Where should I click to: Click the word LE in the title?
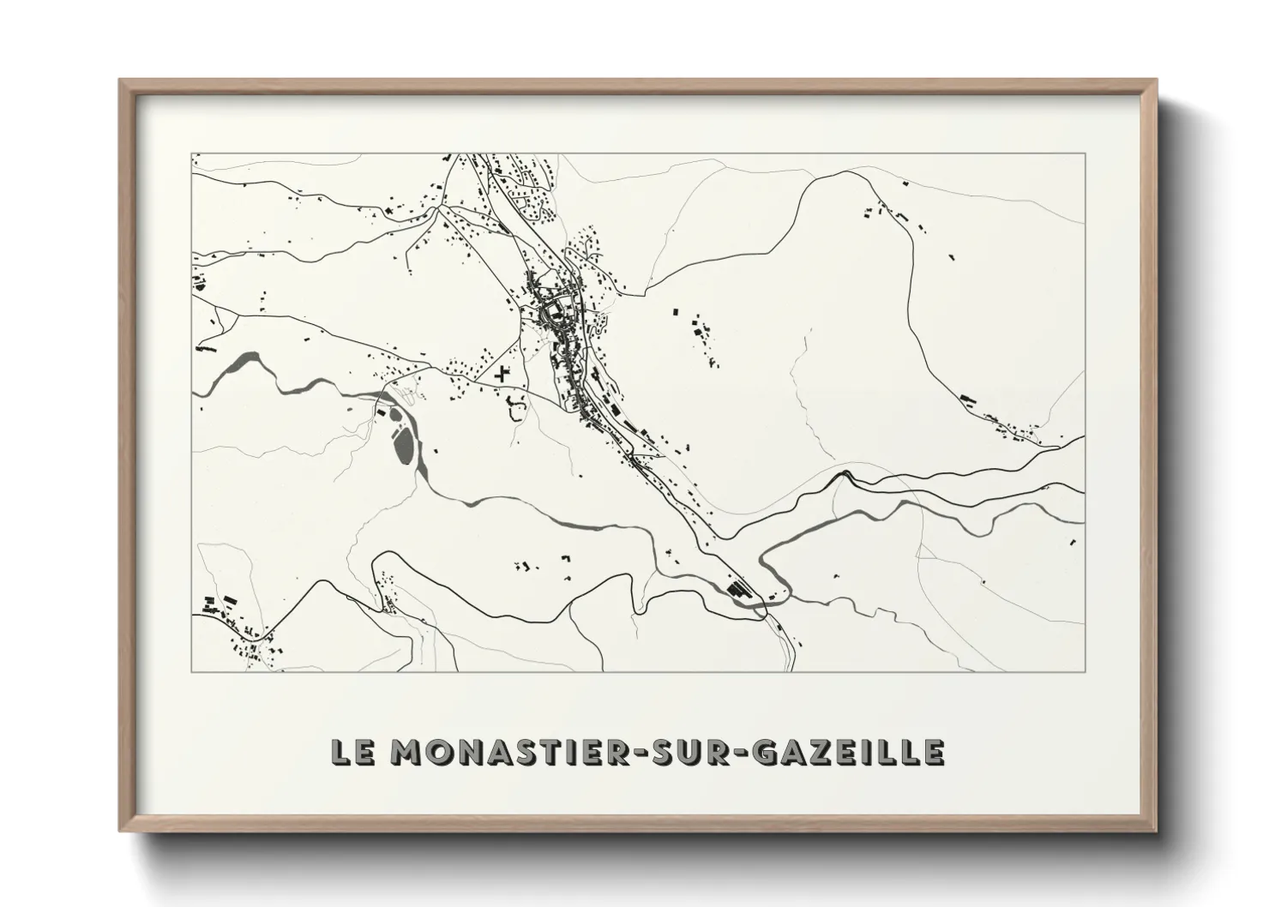click(x=353, y=752)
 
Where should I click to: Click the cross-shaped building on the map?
click(x=502, y=374)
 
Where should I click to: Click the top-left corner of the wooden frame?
click(x=120, y=81)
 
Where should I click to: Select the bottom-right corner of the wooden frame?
click(x=1158, y=832)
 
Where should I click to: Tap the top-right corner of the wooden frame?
click(x=1158, y=81)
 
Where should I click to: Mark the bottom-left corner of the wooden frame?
click(x=120, y=832)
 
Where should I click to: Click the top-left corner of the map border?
click(x=192, y=154)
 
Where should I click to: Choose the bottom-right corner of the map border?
click(x=1086, y=671)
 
